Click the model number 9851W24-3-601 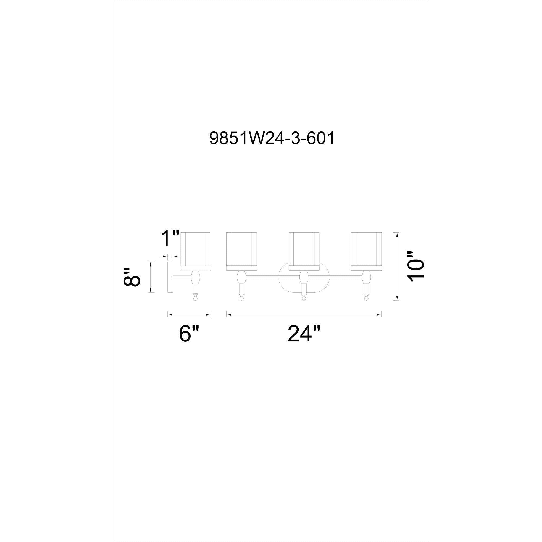click(x=272, y=138)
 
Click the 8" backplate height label click(x=131, y=277)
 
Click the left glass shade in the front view click(x=241, y=251)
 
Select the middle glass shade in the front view click(x=304, y=251)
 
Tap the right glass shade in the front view click(x=366, y=251)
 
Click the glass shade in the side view click(x=195, y=251)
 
